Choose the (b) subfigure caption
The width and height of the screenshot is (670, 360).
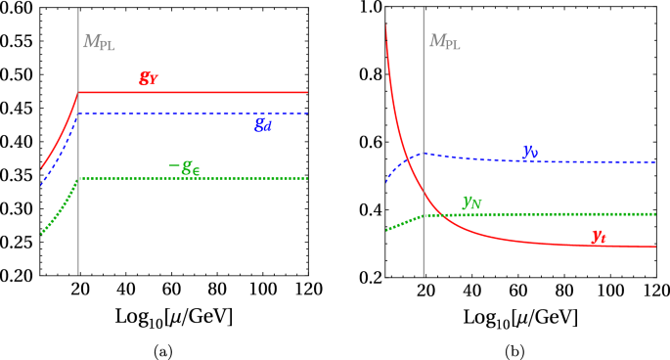pos(517,349)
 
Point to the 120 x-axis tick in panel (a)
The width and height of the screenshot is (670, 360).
pos(306,292)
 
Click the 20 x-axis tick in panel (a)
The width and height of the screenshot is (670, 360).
pos(78,292)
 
